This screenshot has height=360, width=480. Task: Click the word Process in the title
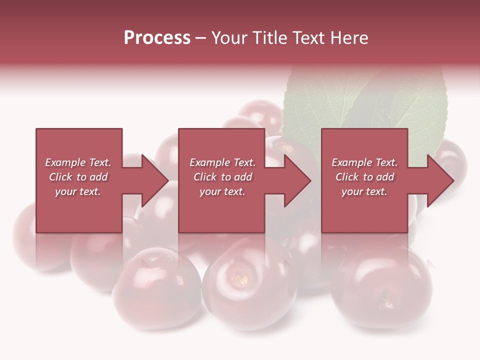point(157,38)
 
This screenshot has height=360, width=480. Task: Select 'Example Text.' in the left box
point(78,162)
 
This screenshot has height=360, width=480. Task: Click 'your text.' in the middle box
point(222,191)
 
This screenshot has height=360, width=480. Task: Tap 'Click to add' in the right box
point(364,177)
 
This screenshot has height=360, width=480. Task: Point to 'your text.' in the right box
point(364,191)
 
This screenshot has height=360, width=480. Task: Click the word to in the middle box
point(226,177)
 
